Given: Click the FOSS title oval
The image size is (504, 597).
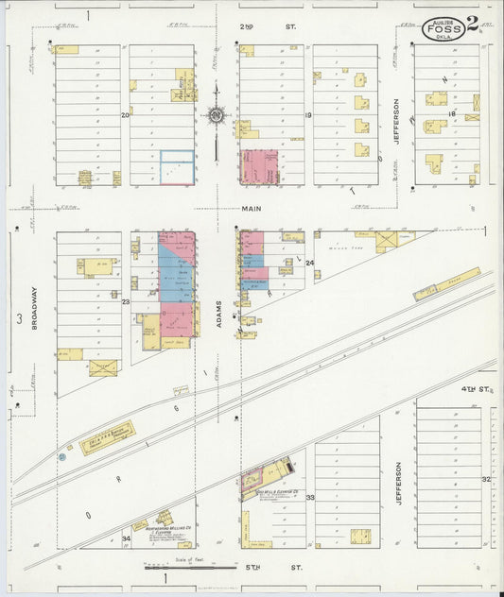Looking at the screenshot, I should [x=443, y=27].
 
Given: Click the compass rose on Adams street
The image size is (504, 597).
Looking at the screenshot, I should [x=217, y=116].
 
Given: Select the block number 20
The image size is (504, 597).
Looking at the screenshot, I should [x=125, y=115].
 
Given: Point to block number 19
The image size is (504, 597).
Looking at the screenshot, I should [x=308, y=115].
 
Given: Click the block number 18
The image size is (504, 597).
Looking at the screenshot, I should [x=452, y=114].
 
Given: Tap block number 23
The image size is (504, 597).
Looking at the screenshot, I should [x=125, y=302].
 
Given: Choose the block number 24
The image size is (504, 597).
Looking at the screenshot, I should [x=308, y=262].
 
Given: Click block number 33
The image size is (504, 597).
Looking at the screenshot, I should [x=309, y=497].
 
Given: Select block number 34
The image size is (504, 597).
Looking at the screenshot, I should [x=126, y=538].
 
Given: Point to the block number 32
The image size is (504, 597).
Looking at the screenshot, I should [x=485, y=480].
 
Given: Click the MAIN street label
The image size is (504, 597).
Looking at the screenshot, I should [x=251, y=211].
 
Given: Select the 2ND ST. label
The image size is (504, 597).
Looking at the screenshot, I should [x=255, y=26].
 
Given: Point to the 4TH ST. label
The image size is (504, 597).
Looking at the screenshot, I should [x=472, y=389].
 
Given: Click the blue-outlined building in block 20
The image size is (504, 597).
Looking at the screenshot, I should [x=177, y=167].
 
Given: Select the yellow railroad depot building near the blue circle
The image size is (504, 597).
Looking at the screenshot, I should [x=106, y=438].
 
